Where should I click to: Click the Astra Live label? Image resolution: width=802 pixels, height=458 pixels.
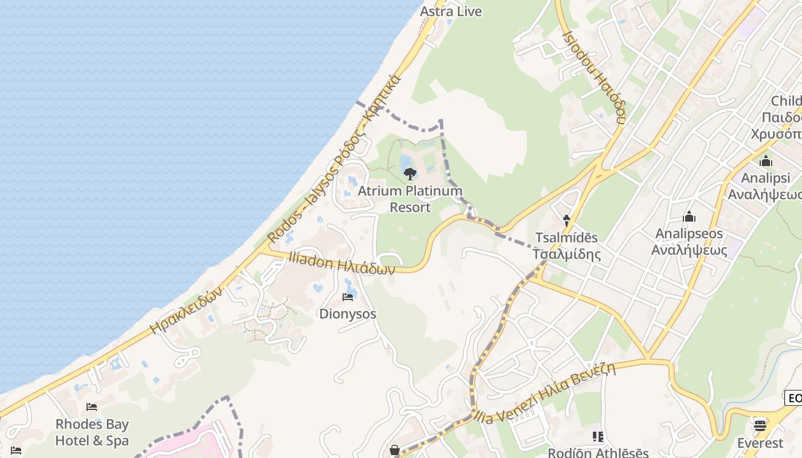451,11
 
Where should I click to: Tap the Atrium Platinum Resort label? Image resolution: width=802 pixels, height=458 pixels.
410,199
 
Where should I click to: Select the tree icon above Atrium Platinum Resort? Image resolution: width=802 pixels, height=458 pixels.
410,173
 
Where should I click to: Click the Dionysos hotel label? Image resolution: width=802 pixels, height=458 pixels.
348,314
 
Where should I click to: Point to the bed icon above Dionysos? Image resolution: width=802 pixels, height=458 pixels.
348,297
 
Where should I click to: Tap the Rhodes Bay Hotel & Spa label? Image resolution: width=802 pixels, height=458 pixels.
92,432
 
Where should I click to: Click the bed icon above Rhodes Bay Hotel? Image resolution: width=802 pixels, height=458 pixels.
92,407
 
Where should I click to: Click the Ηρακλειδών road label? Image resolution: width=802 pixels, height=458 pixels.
186,310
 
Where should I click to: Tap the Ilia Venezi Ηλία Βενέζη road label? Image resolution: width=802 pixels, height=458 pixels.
545,394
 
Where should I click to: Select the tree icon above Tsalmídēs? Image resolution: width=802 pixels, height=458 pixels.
567,220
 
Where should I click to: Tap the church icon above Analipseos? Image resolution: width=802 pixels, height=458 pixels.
689,217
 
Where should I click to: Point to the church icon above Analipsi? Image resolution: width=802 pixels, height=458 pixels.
766,161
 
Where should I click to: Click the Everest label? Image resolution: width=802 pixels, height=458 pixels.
760,443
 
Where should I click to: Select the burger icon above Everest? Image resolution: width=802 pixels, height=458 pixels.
760,425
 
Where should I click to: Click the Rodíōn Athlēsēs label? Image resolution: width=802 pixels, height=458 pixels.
598,452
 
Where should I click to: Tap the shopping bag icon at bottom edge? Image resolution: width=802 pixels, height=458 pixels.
395,451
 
